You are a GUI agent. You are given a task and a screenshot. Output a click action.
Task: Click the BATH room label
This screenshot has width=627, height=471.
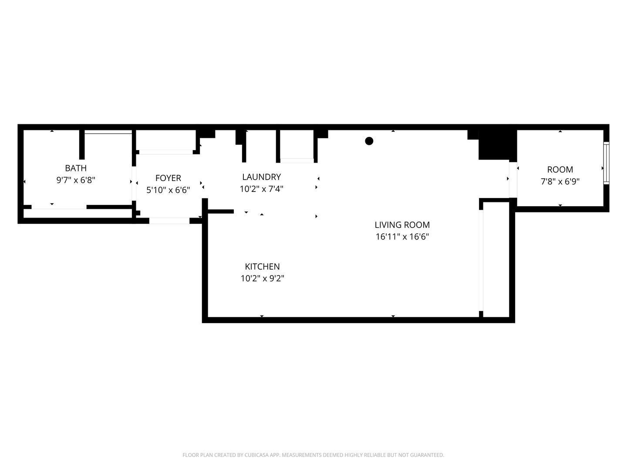point(76,168)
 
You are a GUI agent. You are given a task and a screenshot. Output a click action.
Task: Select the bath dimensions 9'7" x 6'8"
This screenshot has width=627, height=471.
point(76,180)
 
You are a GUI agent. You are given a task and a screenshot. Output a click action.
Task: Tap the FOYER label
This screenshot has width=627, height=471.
point(168,178)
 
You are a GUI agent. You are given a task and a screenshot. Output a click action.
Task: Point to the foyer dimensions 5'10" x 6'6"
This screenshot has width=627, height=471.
point(168,190)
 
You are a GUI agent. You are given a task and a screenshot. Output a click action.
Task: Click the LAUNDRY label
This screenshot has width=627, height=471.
point(261,177)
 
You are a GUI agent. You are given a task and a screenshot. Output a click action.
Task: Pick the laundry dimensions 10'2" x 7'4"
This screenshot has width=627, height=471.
point(261,189)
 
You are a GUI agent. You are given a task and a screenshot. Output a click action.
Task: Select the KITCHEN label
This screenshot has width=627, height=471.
point(262,266)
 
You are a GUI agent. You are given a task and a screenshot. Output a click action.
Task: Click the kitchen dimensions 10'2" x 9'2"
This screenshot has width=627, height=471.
point(262,278)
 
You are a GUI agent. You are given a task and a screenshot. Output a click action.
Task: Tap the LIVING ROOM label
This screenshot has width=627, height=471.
point(402,225)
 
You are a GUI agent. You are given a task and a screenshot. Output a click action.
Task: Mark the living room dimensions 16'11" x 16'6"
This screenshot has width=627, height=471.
point(402,237)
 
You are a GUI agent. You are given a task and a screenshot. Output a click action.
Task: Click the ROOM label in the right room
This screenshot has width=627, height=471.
point(560,170)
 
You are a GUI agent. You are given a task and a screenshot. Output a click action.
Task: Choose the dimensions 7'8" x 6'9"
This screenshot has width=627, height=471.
point(560,181)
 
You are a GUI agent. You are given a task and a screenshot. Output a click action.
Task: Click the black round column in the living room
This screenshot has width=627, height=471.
point(369,141)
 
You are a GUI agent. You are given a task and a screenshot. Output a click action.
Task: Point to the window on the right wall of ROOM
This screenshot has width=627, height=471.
point(606,163)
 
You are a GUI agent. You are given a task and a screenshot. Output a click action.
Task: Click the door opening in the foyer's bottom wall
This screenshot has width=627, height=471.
point(169,221)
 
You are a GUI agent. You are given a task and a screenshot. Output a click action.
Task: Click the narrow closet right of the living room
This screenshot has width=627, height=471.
point(496,259)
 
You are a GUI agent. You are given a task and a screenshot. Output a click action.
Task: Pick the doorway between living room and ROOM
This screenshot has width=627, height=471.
point(513,179)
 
